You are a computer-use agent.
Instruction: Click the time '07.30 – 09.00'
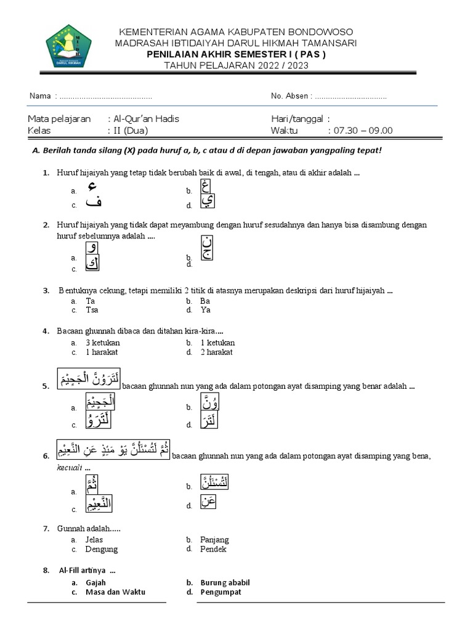361,131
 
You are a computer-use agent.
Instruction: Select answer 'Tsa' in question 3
92,311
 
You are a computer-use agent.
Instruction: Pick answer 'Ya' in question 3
206,311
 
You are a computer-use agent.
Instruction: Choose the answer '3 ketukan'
103,343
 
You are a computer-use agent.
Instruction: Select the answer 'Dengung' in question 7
102,549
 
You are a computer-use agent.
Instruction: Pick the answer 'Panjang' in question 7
214,540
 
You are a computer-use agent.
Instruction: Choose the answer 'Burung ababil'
225,582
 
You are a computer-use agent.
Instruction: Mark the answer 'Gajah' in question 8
96,582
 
